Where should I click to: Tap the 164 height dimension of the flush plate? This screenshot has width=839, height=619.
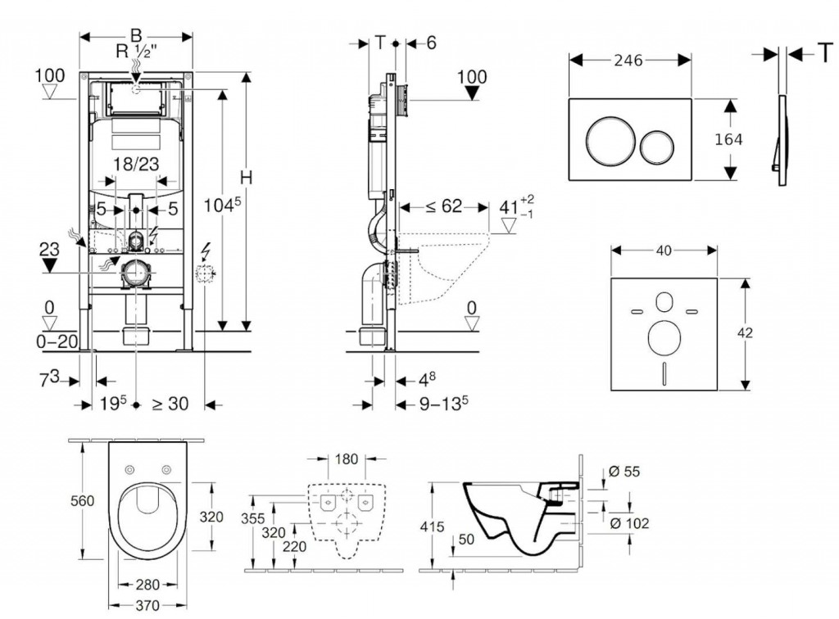point(728,140)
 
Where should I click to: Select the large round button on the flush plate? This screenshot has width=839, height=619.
point(608,140)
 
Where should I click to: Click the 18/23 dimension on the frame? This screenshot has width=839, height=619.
point(136,163)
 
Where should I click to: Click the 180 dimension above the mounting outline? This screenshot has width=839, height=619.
point(347,459)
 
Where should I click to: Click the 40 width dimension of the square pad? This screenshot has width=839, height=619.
point(664,251)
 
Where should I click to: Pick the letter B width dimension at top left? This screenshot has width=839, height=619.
point(136,35)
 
